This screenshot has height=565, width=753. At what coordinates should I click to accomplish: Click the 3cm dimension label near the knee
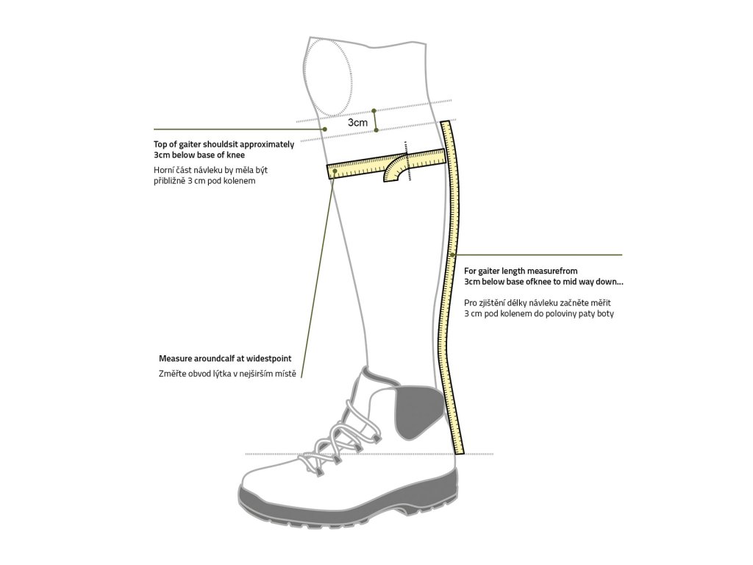coord(357,123)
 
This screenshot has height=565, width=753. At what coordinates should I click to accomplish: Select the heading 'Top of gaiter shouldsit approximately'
coord(224,145)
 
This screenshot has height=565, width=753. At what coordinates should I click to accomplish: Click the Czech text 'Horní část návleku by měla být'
coord(206,170)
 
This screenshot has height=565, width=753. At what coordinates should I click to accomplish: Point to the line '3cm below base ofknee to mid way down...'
coord(544,281)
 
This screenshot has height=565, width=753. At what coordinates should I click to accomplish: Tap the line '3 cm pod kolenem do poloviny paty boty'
coord(539,313)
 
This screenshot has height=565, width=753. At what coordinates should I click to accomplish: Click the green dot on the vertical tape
coord(453,255)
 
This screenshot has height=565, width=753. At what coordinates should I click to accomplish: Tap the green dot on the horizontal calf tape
coord(335,171)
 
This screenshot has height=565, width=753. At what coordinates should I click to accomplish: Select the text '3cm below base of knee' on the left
coord(199,156)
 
